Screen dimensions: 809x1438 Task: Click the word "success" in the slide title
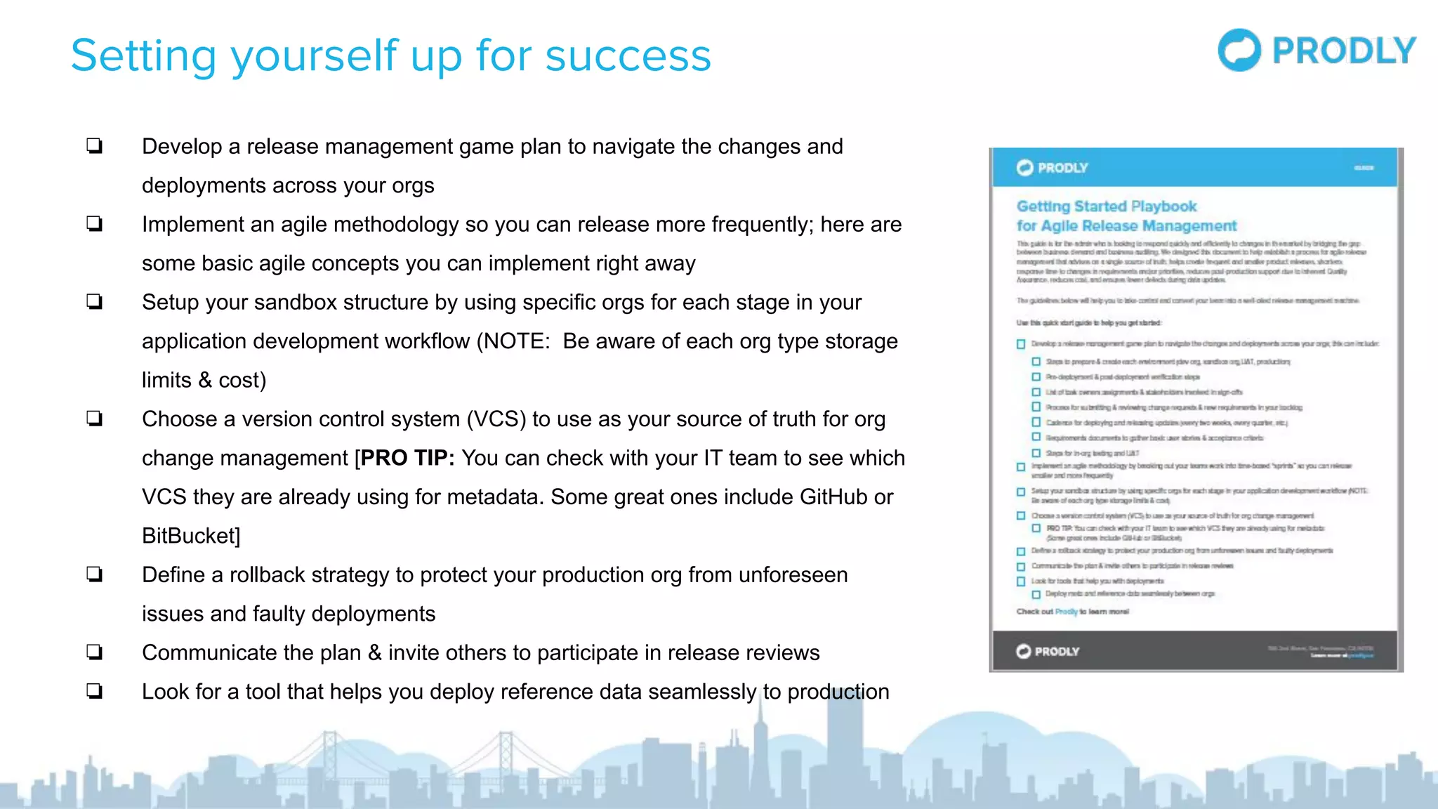[628, 56]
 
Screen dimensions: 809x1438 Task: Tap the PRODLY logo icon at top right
[1239, 50]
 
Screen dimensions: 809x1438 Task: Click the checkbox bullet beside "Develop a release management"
[95, 146]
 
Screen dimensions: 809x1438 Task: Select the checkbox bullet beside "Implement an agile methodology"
[95, 224]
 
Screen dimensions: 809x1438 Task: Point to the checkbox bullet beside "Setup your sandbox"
[95, 302]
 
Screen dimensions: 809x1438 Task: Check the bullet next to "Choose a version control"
[95, 419]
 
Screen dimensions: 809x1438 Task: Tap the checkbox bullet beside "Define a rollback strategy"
[95, 574]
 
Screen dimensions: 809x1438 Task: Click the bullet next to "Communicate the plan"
[95, 652]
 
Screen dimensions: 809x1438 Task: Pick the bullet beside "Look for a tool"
[95, 692]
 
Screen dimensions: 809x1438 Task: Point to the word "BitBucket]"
[191, 536]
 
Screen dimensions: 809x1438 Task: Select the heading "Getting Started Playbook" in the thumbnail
[1106, 206]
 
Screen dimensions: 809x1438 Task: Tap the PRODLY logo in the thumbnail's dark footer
[1047, 651]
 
